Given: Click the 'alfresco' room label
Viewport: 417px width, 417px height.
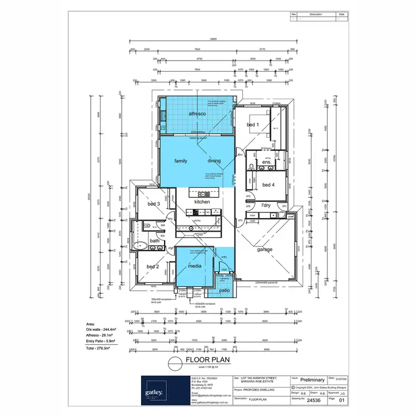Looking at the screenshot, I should tap(197, 113).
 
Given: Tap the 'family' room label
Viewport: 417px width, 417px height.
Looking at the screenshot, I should tap(181, 161).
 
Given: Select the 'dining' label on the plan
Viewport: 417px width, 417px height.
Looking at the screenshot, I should tap(214, 161).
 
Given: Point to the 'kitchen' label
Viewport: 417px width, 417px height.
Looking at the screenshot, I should tap(202, 202).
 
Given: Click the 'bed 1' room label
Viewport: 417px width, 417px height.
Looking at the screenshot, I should tap(252, 125).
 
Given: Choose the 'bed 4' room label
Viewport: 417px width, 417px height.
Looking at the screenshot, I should tap(268, 185).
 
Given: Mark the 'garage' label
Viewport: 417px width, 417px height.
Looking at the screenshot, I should tap(265, 250).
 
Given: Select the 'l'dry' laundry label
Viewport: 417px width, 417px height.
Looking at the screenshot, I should tap(266, 206).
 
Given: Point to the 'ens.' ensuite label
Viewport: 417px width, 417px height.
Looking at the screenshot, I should tap(267, 162).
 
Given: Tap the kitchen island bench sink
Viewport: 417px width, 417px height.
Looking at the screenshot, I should tap(201, 193).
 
